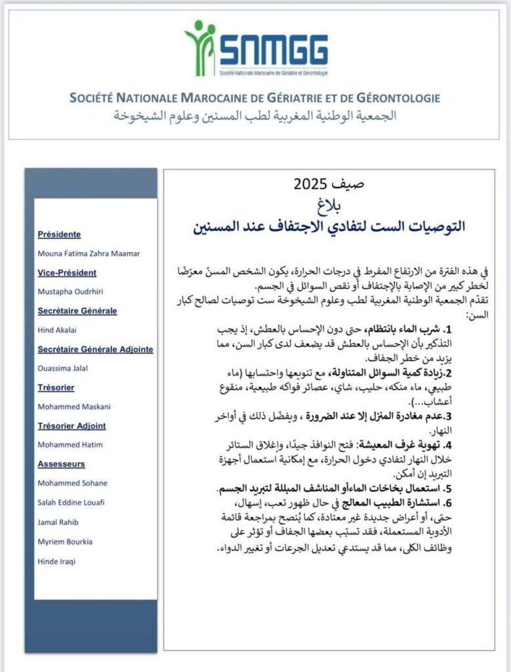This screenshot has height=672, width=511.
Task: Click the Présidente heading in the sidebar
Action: [60, 234]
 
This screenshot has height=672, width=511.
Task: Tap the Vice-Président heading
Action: [67, 272]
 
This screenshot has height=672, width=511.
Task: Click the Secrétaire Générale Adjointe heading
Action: [96, 349]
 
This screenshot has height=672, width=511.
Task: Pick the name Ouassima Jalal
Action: [64, 368]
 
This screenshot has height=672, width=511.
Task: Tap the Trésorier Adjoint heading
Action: [72, 426]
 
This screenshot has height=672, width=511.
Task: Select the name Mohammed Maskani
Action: [74, 407]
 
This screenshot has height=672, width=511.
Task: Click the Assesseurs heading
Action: [61, 464]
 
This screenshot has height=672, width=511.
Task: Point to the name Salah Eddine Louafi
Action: [72, 502]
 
